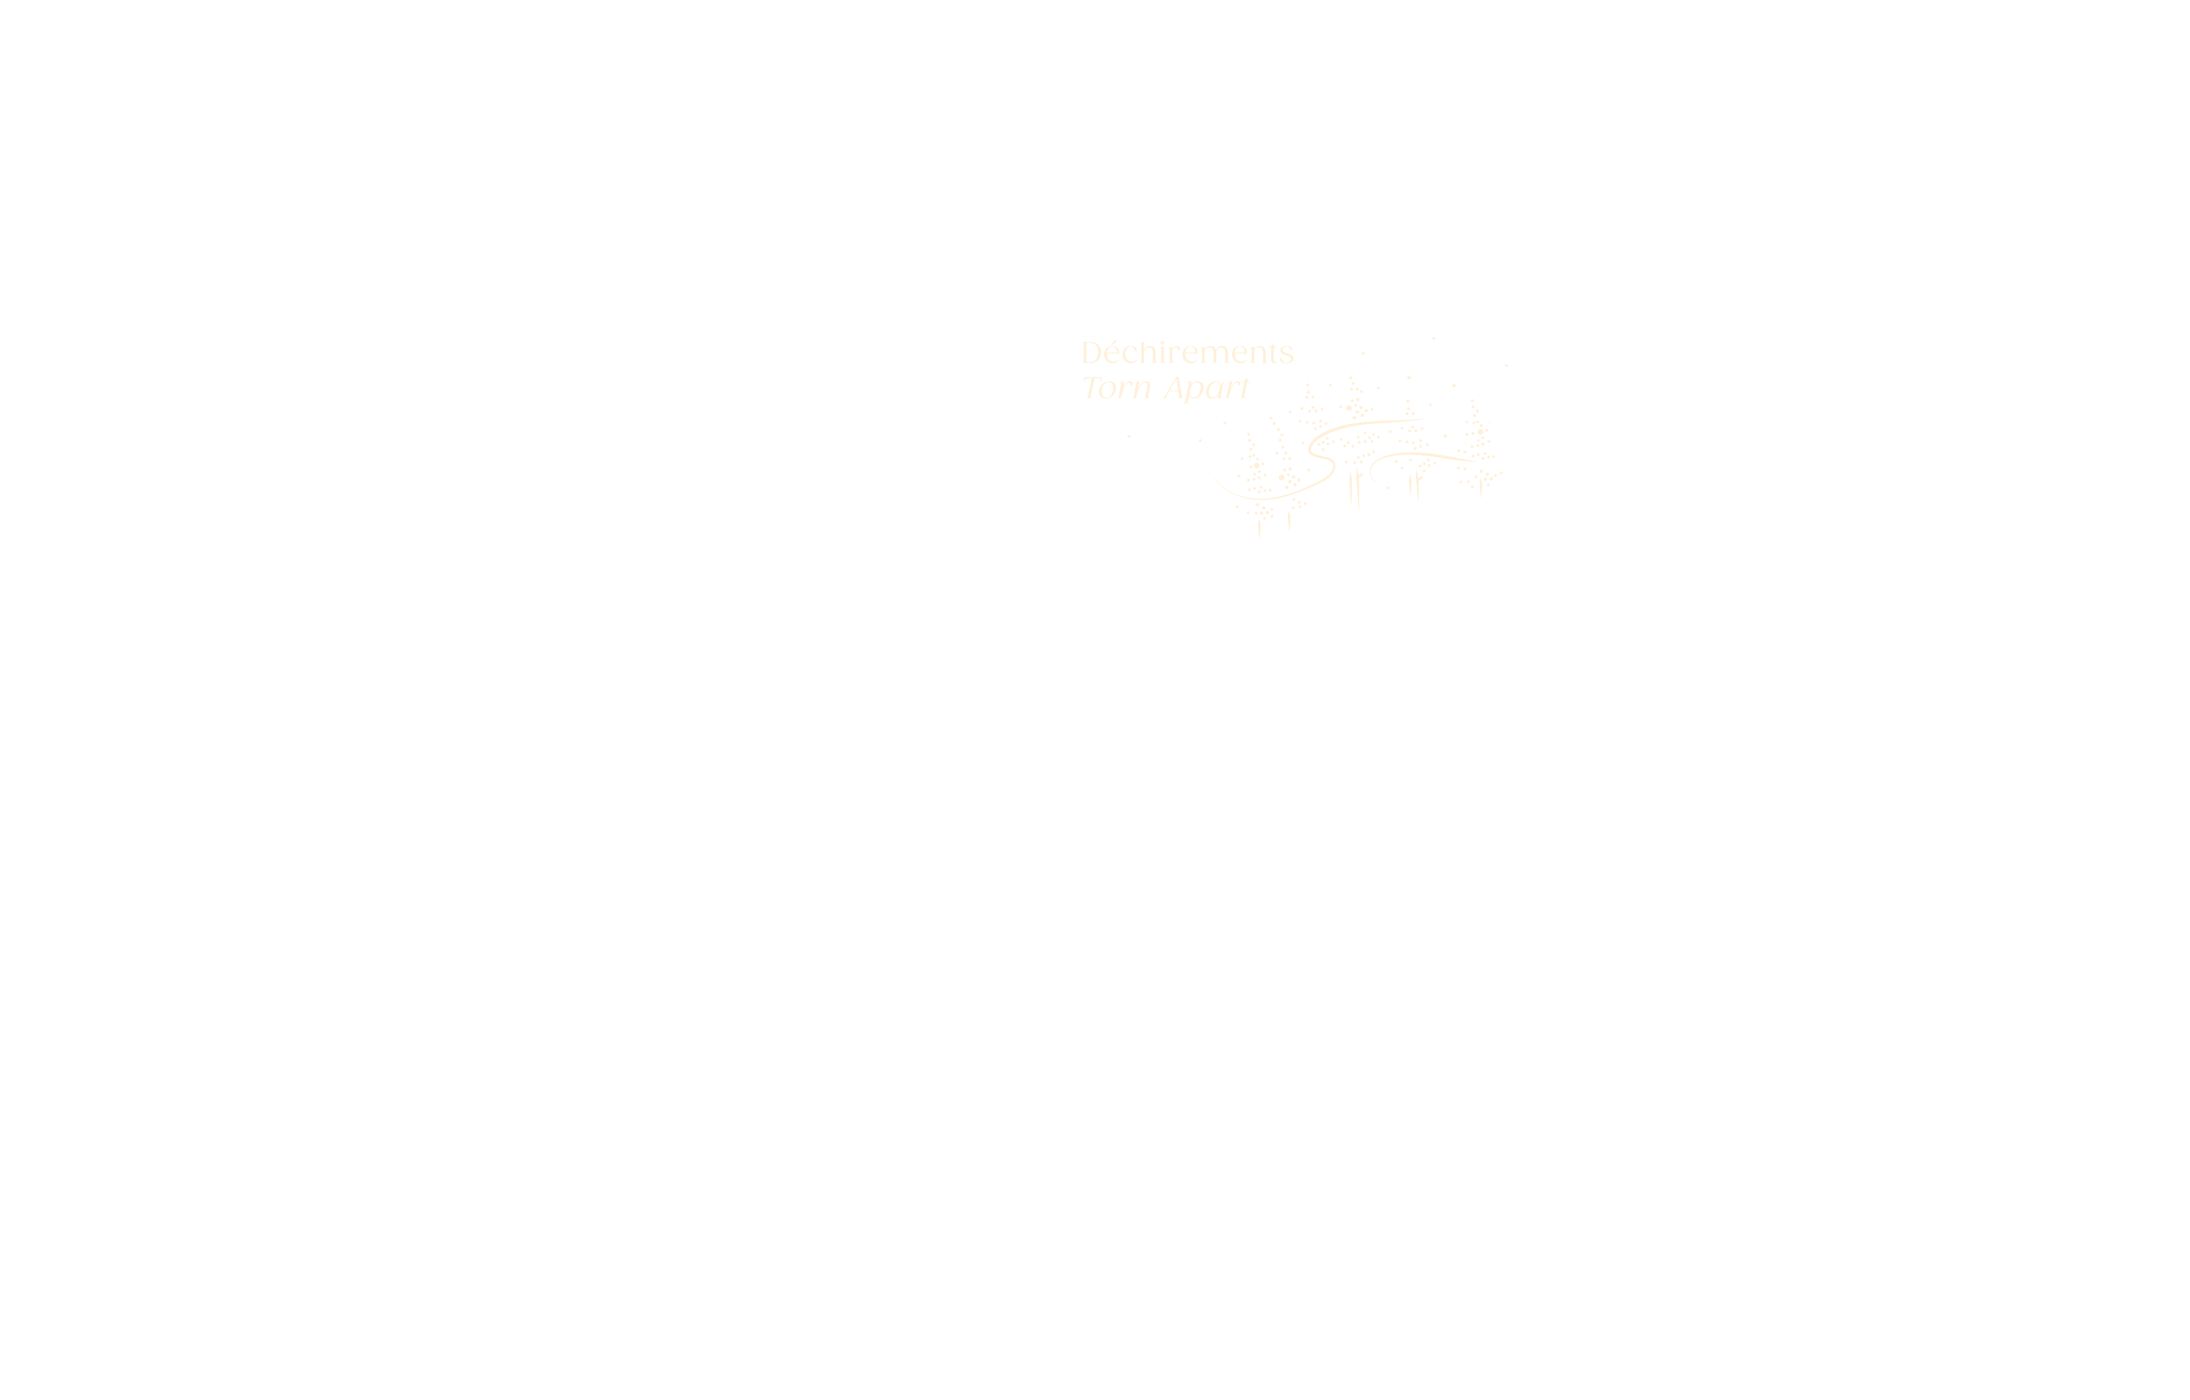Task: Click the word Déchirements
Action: click(1187, 353)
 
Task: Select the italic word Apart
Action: click(1207, 389)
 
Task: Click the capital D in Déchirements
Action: click(1091, 353)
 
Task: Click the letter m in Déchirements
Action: click(1217, 355)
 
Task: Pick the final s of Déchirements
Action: click(1287, 355)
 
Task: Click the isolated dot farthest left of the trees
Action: click(1129, 436)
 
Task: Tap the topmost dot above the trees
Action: click(1433, 338)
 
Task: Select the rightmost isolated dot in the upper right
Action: click(1506, 366)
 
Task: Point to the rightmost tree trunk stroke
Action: click(1480, 487)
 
